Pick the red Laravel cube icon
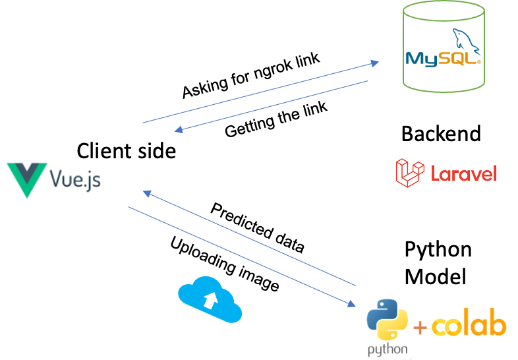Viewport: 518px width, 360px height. (x=408, y=172)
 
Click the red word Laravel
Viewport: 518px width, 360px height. (x=463, y=173)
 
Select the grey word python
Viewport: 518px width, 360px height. (x=388, y=349)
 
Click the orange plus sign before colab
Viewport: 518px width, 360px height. (x=420, y=326)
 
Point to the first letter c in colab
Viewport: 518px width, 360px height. (x=440, y=326)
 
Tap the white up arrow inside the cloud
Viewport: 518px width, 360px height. (x=210, y=301)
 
